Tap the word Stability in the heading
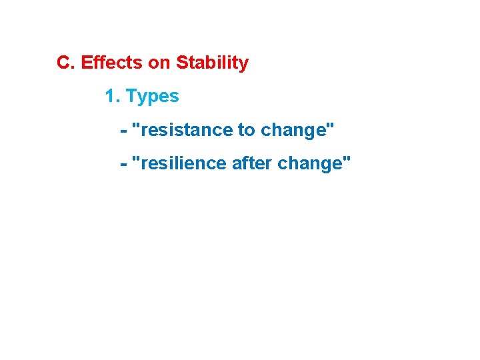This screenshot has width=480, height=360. (x=212, y=63)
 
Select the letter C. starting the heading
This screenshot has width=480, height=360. (x=65, y=63)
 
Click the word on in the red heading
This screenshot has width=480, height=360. (x=159, y=63)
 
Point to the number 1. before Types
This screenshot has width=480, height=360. (x=113, y=97)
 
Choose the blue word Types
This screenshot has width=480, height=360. (x=153, y=97)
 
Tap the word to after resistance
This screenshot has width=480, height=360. (x=248, y=130)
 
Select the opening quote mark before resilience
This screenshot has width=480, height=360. (x=137, y=159)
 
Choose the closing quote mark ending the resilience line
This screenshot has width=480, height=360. (x=347, y=159)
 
